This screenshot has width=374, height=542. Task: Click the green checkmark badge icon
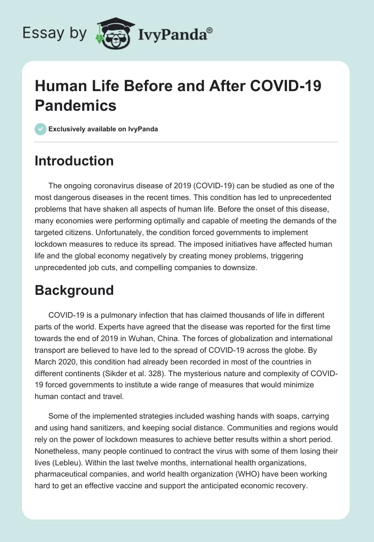41,129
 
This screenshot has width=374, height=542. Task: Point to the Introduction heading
74,161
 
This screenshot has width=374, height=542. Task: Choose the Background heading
74,290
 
